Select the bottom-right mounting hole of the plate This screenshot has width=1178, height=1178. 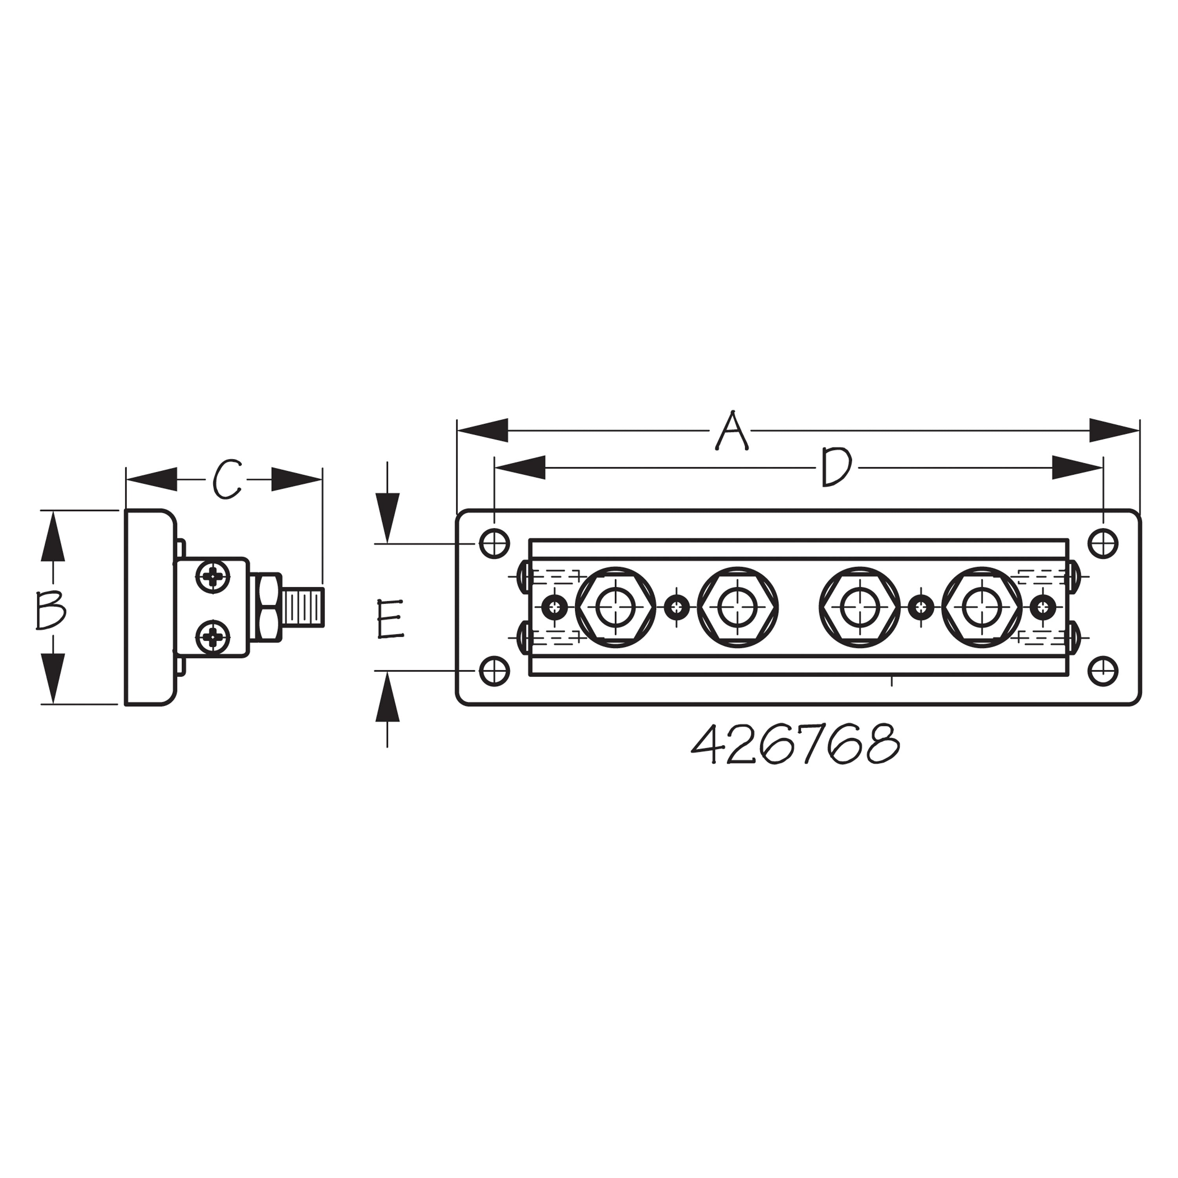tap(1103, 671)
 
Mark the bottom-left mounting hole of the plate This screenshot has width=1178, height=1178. tap(494, 671)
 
